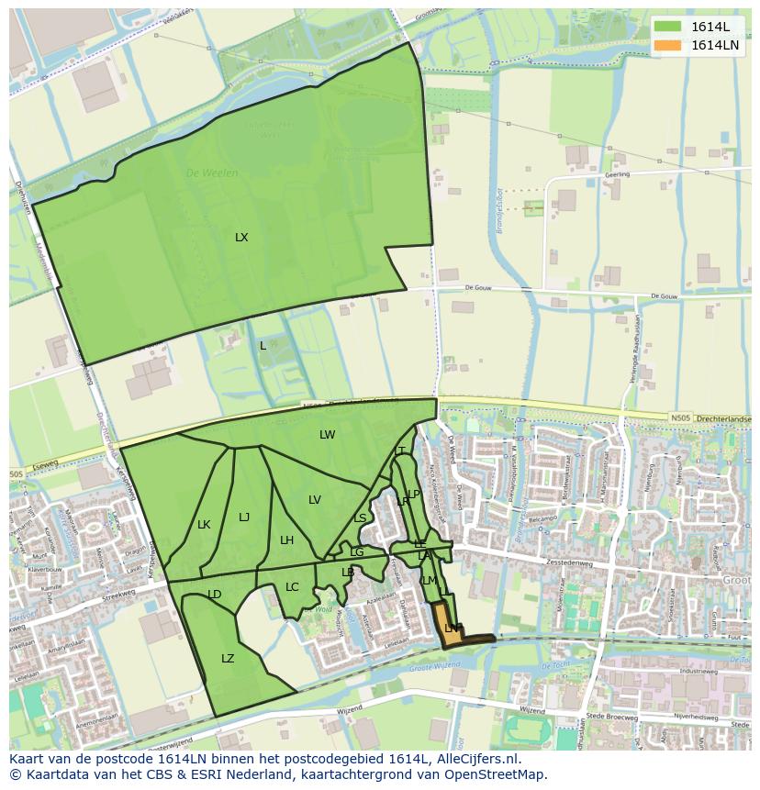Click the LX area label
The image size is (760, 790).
pos(241,238)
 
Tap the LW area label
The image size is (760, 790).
pos(328,435)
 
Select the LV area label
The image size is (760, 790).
pos(315,500)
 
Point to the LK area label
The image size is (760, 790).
pos(204,525)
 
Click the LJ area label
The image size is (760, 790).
pos(244,517)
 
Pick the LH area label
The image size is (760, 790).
pos(286,540)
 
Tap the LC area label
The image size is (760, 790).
pos(292,587)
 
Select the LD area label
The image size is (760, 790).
pos(215,595)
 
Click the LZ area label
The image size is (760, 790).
pos(228,659)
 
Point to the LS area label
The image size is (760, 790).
pos(361,518)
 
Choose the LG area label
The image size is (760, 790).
pos(357,552)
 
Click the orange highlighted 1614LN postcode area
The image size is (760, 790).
pos(450,624)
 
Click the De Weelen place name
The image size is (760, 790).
pos(212,172)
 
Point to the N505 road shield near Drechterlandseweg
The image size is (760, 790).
pos(680,418)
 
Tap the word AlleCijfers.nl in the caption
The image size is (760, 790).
pos(475,759)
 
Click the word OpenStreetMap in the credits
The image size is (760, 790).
pos(497,774)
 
